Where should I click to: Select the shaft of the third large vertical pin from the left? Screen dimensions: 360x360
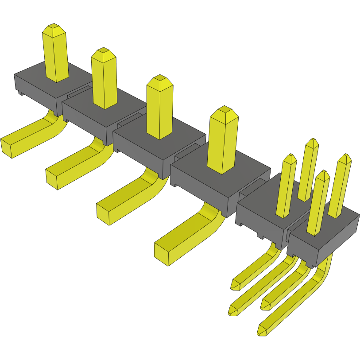[x=159, y=111]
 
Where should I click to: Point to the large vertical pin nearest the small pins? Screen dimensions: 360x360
[x=223, y=142]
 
